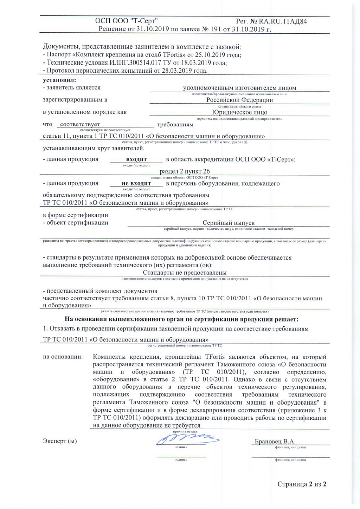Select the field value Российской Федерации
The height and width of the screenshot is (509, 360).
click(x=239, y=100)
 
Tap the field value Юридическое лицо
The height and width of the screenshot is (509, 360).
click(x=239, y=112)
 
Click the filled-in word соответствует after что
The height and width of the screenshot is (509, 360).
click(x=80, y=124)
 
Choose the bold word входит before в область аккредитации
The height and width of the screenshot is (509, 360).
click(x=136, y=159)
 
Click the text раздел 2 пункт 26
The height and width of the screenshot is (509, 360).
click(x=185, y=171)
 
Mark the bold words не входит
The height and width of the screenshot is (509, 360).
click(x=136, y=183)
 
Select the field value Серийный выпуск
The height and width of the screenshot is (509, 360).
click(x=229, y=223)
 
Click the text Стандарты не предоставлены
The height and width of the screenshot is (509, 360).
click(x=185, y=273)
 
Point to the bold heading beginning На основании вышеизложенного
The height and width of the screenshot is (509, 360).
click(x=181, y=319)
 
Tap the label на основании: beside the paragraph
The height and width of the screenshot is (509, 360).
click(x=63, y=357)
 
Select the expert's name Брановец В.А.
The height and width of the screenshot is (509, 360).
click(x=275, y=442)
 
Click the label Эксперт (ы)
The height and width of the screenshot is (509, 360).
click(x=60, y=441)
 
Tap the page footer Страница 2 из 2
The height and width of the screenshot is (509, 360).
click(x=302, y=484)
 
